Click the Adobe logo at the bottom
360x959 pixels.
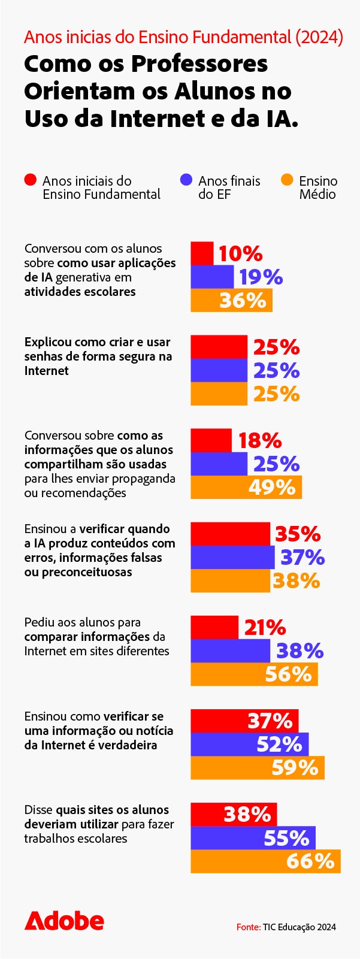(64, 921)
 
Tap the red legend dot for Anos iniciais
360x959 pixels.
(31, 180)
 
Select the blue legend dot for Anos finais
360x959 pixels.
(186, 180)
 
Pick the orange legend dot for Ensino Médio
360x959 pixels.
(288, 180)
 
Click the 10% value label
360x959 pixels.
(240, 253)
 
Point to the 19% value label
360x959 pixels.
(261, 277)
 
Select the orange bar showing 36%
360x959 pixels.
(231, 300)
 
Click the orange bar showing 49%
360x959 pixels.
(246, 487)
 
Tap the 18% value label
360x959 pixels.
(259, 440)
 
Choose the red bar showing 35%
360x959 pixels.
(230, 534)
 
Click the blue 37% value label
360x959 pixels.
(302, 557)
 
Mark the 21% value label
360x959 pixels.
(265, 627)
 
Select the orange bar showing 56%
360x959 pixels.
(254, 674)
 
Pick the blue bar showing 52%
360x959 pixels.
(249, 744)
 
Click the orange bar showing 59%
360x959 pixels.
(258, 767)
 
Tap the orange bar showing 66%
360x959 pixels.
(265, 861)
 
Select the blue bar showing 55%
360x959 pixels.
(253, 837)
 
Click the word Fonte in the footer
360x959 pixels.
(248, 927)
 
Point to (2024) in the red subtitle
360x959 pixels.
(319, 37)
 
